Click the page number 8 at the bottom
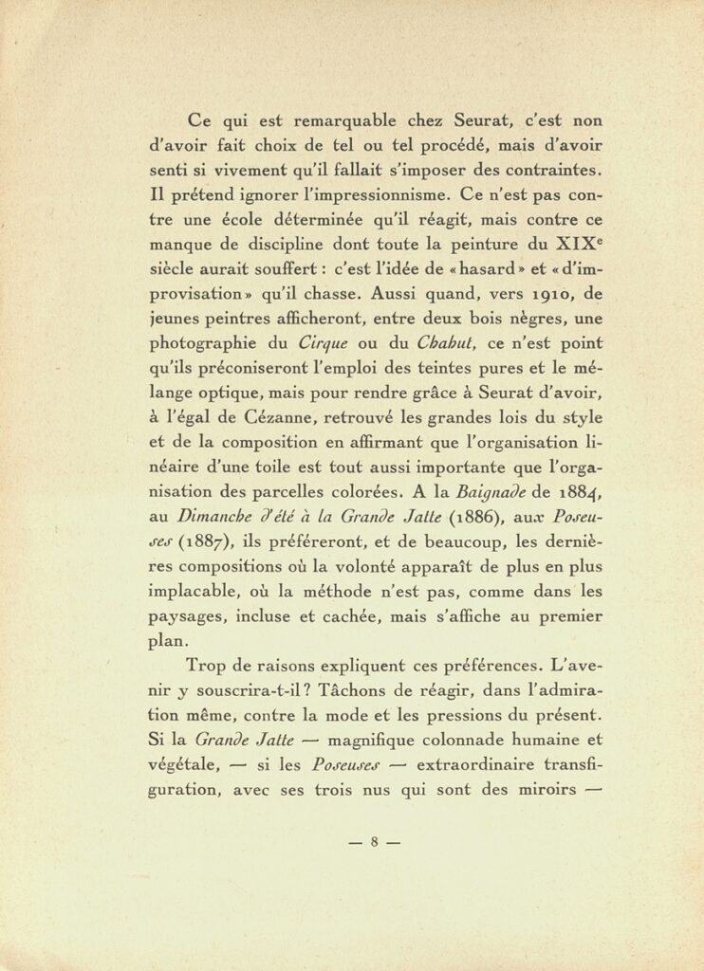375,841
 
